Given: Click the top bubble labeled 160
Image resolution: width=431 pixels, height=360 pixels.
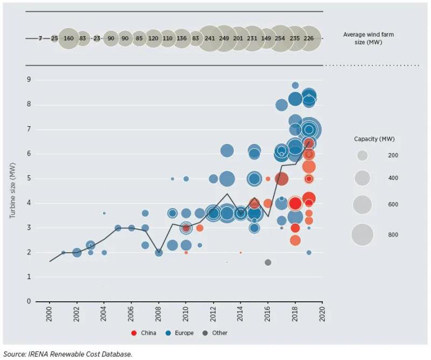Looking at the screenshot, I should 68,38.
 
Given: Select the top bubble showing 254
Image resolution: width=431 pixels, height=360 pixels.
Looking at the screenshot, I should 280,38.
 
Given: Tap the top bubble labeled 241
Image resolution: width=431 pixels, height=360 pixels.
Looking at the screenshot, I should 210,38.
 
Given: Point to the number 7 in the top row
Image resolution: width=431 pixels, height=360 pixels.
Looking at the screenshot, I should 40,38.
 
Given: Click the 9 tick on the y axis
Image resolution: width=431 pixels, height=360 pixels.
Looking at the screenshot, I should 29,80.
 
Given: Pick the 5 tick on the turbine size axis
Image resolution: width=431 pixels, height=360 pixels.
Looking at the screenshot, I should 29,178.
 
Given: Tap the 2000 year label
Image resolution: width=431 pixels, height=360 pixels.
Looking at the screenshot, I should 50,314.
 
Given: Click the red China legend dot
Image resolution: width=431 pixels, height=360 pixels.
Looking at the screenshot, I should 134,333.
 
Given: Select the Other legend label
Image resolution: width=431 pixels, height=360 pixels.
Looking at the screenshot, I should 220,333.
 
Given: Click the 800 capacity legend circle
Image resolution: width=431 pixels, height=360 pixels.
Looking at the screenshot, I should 363,234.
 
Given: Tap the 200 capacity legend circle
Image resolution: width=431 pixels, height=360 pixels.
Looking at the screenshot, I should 363,156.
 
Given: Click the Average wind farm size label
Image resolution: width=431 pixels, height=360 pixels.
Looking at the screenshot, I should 365,38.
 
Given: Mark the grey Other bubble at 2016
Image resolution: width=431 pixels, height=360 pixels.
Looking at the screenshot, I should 268,262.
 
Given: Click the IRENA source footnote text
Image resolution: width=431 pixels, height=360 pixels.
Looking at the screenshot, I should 67,354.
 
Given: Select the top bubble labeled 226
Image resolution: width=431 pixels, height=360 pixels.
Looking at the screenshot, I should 308,38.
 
